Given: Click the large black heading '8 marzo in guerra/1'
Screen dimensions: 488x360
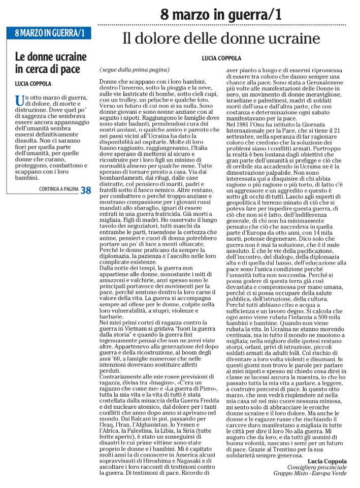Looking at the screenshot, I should pos(220,15).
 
